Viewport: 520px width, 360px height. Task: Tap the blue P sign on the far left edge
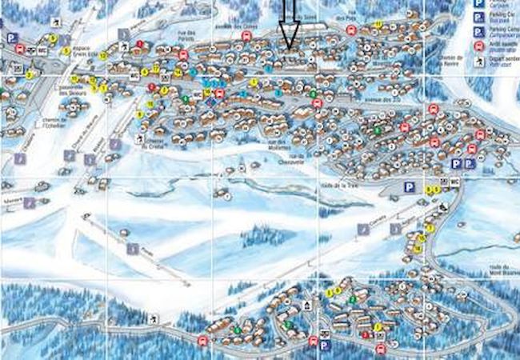pyautogui.click(x=12, y=38)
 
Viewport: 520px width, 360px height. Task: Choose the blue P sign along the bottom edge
pyautogui.click(x=324, y=346)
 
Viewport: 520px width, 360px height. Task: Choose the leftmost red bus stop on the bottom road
pyautogui.click(x=202, y=341)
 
